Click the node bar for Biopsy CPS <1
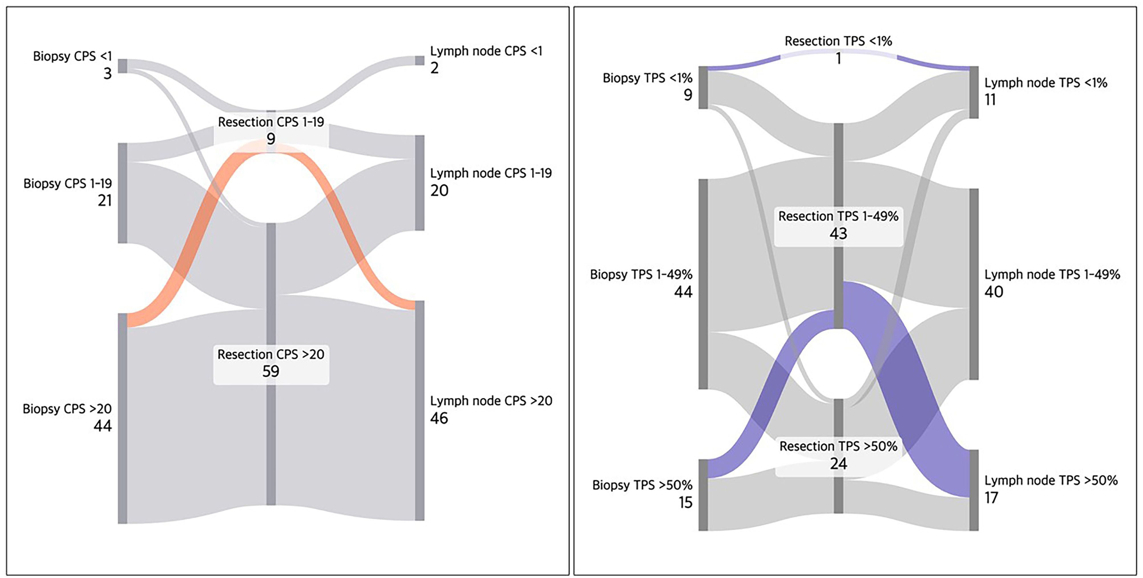coord(122,66)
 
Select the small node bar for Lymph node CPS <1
coord(419,61)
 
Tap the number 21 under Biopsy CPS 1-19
coord(105,201)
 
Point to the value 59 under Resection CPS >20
coord(271,371)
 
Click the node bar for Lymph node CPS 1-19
coord(419,183)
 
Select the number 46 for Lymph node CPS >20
coord(439,418)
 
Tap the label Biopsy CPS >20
coord(67,409)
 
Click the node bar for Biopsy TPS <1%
coord(703,87)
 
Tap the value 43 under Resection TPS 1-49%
coord(838,233)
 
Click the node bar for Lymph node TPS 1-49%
coord(974,284)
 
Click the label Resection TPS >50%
coord(838,446)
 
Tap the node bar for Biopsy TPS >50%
coord(703,495)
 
